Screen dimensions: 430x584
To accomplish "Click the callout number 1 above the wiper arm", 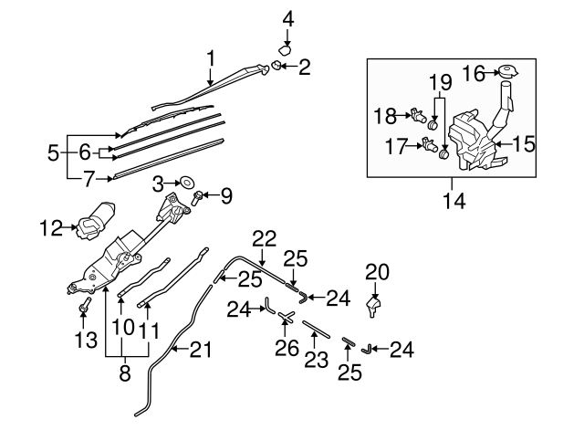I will click(211, 59).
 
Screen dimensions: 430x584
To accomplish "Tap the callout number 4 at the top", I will click(287, 17).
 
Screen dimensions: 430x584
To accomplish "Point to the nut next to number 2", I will click(276, 66).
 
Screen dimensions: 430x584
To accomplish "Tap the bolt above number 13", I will click(84, 304).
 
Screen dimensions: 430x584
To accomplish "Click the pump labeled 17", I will click(429, 145).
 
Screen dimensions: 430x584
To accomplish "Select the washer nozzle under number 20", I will click(373, 304).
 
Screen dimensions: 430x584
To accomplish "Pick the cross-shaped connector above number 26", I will click(286, 317).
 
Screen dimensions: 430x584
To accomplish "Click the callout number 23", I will click(316, 359).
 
